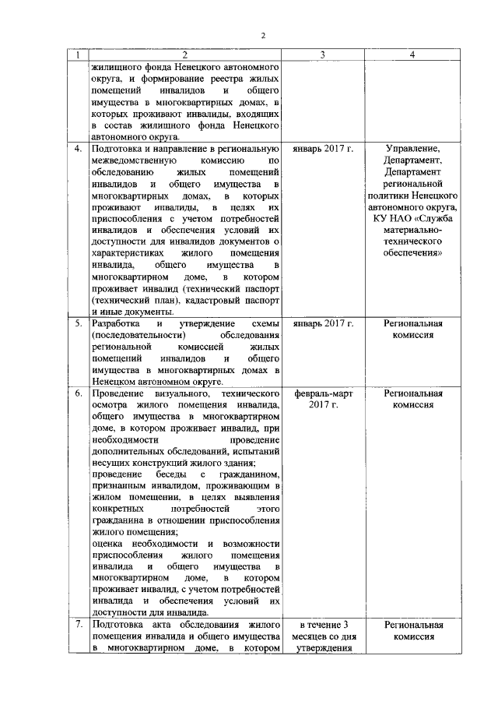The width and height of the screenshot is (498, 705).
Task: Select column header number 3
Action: pos(322,55)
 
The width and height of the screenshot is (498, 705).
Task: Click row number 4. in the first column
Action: pos(78,149)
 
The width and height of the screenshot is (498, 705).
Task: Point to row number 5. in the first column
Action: pos(78,323)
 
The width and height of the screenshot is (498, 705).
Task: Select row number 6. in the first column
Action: pos(78,394)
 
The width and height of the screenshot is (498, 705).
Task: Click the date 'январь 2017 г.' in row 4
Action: pos(322,149)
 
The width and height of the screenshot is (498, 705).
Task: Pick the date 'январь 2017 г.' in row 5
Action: pos(322,323)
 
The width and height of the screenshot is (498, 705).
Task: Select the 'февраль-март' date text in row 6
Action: pos(322,394)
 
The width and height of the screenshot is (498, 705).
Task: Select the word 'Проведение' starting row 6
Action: pos(117,394)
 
